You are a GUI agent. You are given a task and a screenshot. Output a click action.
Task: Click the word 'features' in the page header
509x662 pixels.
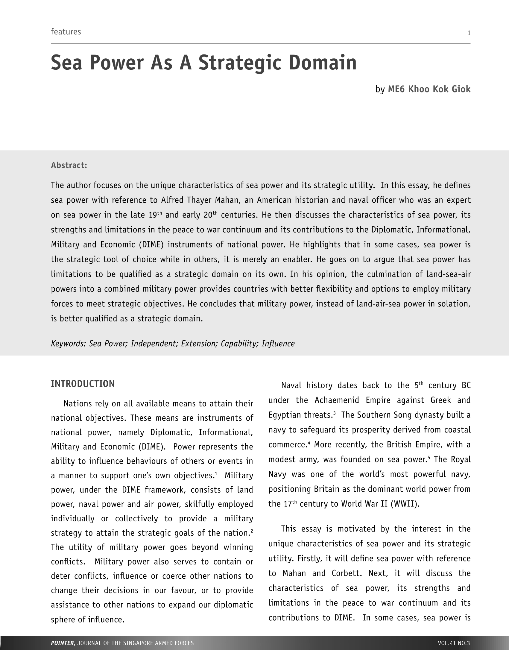point(66,32)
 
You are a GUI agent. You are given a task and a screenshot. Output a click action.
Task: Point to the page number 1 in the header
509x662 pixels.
point(469,33)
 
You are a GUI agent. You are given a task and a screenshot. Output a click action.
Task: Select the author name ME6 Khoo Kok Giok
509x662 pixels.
point(429,89)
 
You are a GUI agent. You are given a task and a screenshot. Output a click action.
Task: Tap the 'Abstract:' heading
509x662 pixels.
point(69,165)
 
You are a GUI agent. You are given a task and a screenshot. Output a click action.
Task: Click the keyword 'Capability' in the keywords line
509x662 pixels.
point(239,343)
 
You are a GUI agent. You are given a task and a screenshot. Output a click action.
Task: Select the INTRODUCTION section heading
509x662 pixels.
point(83,384)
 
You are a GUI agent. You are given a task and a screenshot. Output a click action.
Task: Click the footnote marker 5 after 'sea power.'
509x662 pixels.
point(429,457)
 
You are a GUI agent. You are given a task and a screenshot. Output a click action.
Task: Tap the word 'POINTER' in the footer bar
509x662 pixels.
point(63,643)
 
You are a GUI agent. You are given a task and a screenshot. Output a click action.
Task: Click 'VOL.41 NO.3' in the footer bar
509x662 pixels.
point(454,643)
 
